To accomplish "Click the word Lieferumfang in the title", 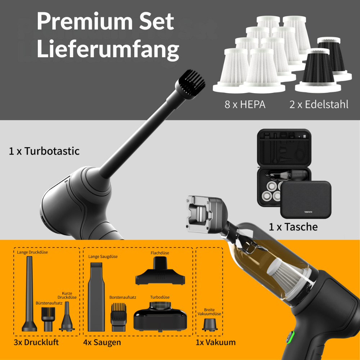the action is [x=108, y=49].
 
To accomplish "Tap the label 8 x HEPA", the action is [x=245, y=104].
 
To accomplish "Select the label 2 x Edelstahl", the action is [x=319, y=104].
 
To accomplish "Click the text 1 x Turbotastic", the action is [x=44, y=151].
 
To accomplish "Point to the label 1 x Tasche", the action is [x=293, y=227].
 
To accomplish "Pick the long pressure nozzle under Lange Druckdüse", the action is [x=30, y=294].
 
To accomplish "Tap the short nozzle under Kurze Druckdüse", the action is [x=67, y=316].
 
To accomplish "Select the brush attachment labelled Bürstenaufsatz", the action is [x=48, y=319].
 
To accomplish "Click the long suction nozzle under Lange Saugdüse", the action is [x=96, y=297].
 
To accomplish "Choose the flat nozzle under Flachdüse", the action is [x=160, y=271].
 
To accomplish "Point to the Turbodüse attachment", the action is [x=160, y=316].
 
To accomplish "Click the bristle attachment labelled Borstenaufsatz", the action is [x=118, y=317].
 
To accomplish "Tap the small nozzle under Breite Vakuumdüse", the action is [x=210, y=325].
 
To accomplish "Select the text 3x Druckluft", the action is [x=36, y=342].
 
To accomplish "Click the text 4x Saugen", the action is [x=102, y=342].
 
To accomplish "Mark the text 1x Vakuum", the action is [x=216, y=342].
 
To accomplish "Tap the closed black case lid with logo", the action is [x=306, y=199].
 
